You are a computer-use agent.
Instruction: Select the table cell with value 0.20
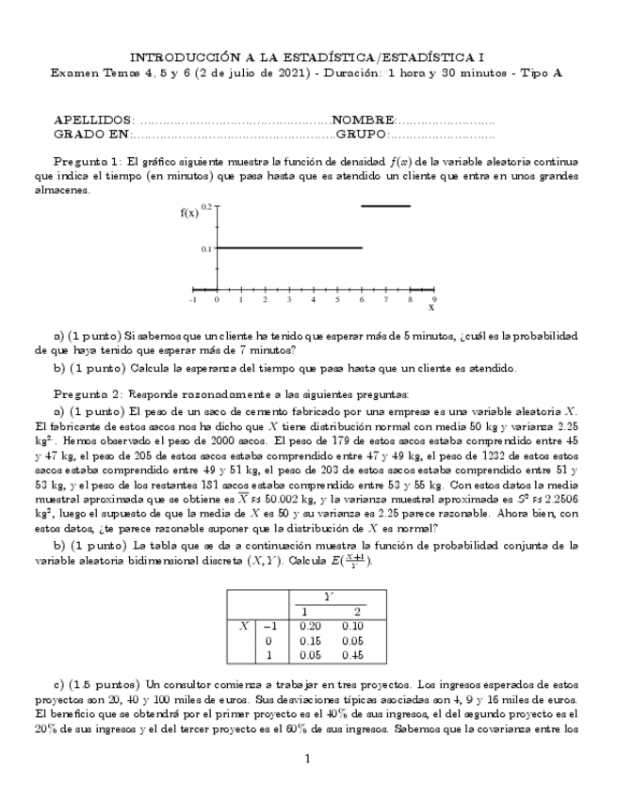[309, 625]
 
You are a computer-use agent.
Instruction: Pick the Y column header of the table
[332, 596]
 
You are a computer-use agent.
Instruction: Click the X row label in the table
[243, 625]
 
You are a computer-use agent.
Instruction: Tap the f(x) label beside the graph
[189, 213]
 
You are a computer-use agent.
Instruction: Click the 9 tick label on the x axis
[433, 299]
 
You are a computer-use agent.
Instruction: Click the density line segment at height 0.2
[385, 205]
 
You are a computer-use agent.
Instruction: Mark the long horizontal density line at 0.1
[289, 247]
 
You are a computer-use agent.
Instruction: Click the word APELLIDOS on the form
[94, 121]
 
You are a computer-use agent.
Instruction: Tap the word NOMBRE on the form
[364, 121]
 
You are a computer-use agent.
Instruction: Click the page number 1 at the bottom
[307, 758]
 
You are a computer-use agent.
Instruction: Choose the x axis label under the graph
[431, 308]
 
